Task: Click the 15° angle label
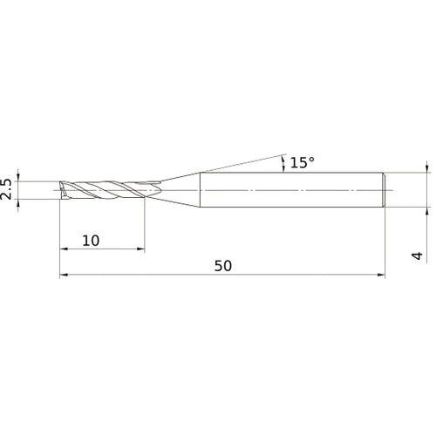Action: pos(303,162)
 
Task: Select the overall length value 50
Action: pos(223,266)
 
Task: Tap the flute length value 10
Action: pos(91,241)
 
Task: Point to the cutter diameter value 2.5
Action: pos(6,189)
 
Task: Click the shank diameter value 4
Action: pos(418,255)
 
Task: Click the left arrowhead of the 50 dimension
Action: pos(64,275)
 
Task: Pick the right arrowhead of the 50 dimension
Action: pos(381,275)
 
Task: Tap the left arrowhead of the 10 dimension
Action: pos(64,249)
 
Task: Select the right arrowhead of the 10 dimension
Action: pos(140,249)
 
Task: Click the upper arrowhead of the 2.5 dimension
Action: pos(18,177)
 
